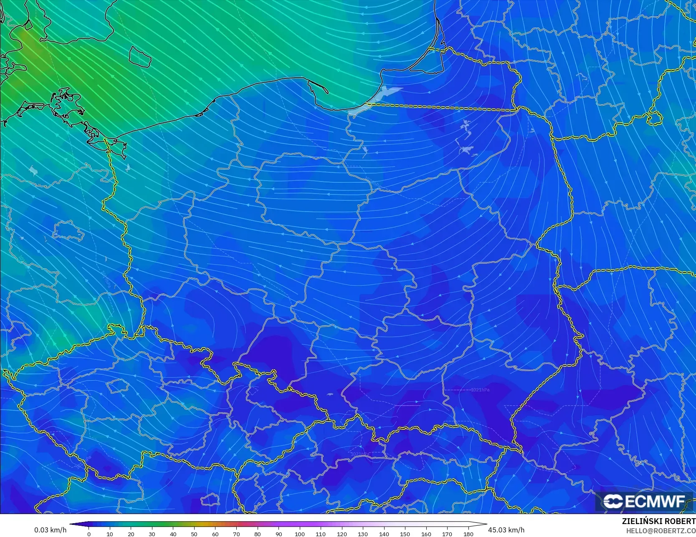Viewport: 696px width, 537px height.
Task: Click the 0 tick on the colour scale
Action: tap(89, 534)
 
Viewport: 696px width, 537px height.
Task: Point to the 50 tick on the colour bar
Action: tap(194, 534)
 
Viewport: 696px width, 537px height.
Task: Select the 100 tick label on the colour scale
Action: tap(299, 534)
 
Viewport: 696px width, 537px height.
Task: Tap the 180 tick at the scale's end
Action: tap(468, 534)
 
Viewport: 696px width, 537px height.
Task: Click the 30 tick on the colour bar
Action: tap(152, 534)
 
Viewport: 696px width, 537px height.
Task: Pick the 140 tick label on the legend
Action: tap(384, 534)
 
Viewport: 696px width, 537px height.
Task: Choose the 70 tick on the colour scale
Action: tap(236, 534)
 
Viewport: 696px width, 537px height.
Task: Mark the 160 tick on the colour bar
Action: tap(426, 534)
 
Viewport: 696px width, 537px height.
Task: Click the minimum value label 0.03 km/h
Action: tap(50, 530)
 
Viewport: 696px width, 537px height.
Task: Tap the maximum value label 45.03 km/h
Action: tap(506, 530)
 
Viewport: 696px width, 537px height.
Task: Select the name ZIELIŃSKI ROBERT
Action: tap(658, 521)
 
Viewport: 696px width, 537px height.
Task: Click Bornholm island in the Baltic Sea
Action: tap(140, 56)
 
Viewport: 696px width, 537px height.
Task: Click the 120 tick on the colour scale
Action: tap(342, 534)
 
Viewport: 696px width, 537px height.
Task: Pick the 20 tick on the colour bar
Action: tap(131, 534)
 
